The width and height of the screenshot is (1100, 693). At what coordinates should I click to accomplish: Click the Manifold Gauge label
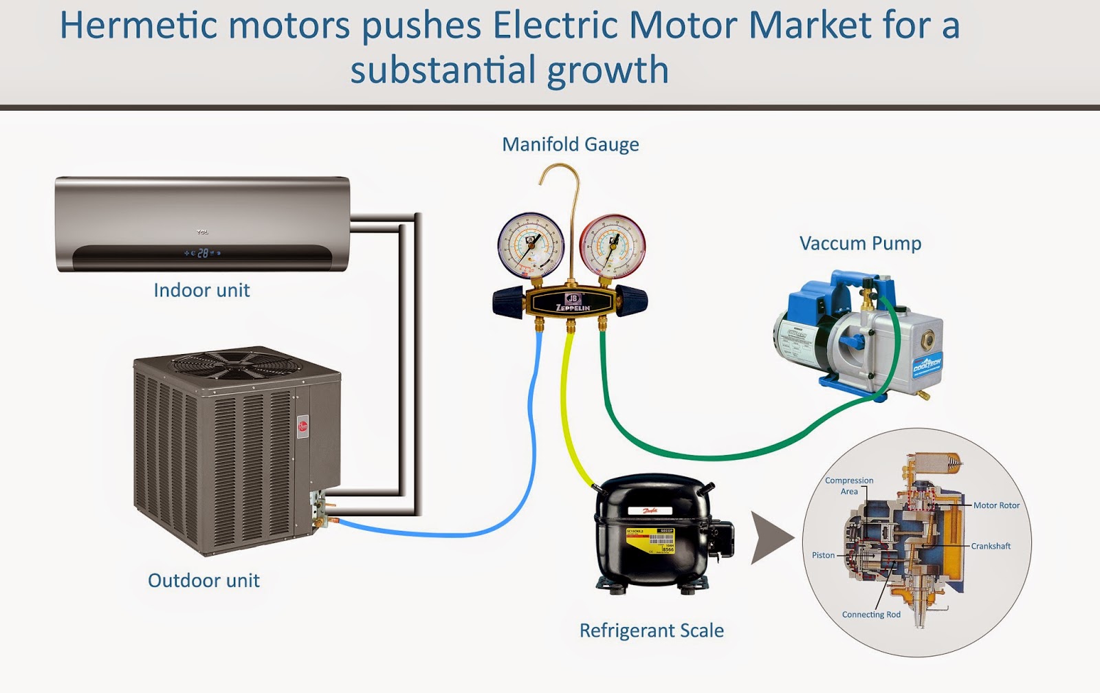coord(570,144)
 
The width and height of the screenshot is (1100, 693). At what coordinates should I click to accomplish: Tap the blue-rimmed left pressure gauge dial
coord(531,245)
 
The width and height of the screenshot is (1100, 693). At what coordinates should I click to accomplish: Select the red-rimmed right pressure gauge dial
coord(612,245)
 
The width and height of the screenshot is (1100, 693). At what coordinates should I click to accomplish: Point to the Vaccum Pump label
coord(860,243)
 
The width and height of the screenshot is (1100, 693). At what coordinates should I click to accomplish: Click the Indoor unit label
coord(201,290)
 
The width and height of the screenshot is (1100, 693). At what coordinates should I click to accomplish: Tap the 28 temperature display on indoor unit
coord(203,253)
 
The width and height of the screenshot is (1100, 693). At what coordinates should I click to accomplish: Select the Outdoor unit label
coord(203,580)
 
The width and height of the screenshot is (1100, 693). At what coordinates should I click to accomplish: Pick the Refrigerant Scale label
coord(651,630)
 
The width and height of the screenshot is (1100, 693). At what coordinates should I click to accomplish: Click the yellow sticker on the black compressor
coord(650,540)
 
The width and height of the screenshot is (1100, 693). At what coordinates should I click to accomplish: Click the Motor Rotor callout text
coord(996,505)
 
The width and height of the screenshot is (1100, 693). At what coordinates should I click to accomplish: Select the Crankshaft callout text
coord(991,546)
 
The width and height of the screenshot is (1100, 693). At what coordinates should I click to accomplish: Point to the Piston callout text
coord(823,555)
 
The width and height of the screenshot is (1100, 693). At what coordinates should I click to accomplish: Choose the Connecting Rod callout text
coord(871,615)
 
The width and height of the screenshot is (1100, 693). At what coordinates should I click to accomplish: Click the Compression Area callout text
coord(849,485)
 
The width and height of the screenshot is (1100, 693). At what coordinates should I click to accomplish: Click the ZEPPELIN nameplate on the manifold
coord(573,303)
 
